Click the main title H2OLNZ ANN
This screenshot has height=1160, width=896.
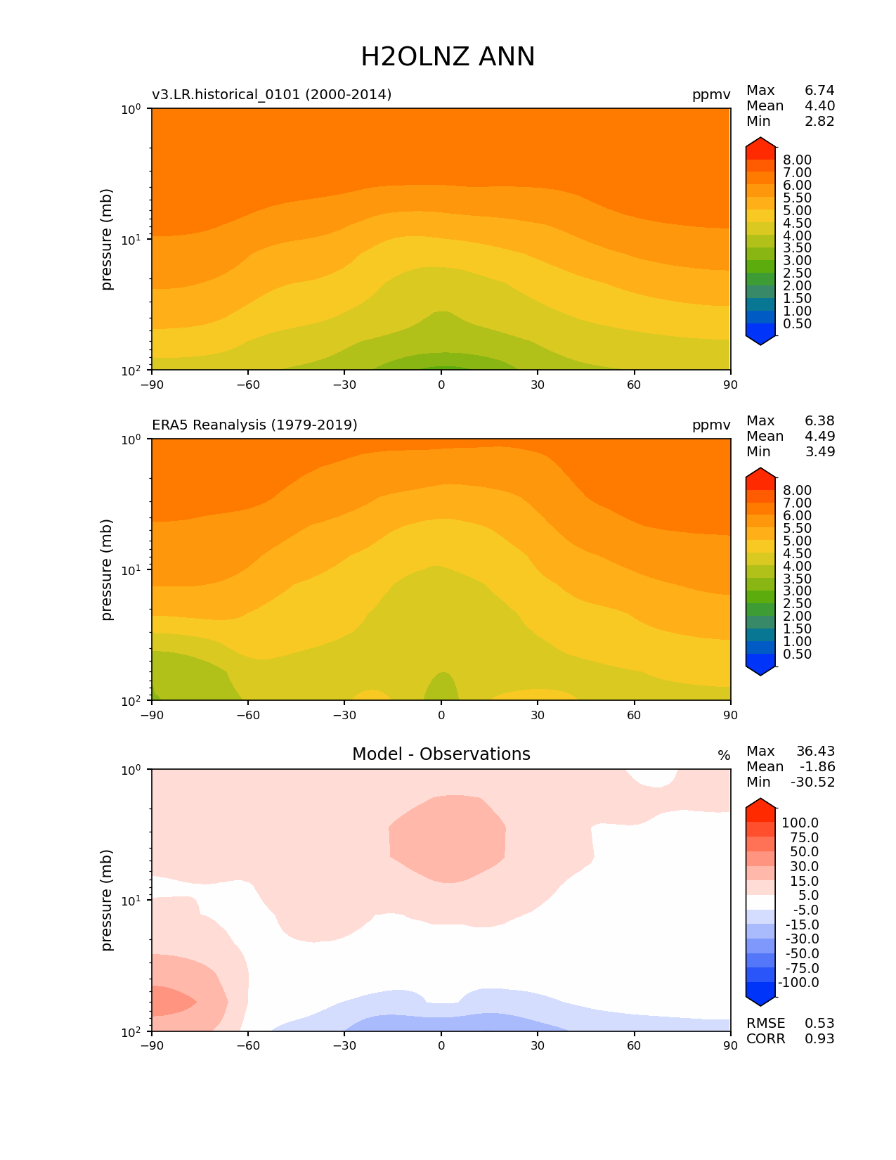pos(448,56)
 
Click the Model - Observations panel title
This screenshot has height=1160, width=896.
pos(441,754)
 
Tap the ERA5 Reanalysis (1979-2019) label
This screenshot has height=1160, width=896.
pos(254,425)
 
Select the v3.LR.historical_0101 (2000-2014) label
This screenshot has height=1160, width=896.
pos(272,94)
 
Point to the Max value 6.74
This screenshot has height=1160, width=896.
pos(819,90)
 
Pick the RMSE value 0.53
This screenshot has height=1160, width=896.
pos(819,1023)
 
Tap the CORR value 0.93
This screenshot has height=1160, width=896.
pos(819,1038)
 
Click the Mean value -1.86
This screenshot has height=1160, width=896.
pos(817,766)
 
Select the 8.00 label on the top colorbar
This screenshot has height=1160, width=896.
pos(797,160)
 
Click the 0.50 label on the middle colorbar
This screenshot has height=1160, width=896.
pos(797,654)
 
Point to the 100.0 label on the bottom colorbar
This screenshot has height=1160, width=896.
pos(800,823)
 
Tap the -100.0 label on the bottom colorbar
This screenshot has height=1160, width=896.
pos(798,982)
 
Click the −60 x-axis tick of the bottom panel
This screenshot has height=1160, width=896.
pos(248,1045)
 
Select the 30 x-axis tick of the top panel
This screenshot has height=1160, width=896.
pos(538,385)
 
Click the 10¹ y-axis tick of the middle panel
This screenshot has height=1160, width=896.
pos(131,569)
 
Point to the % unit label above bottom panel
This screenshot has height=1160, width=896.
pos(724,755)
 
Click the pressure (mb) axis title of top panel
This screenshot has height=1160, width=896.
pos(107,239)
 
